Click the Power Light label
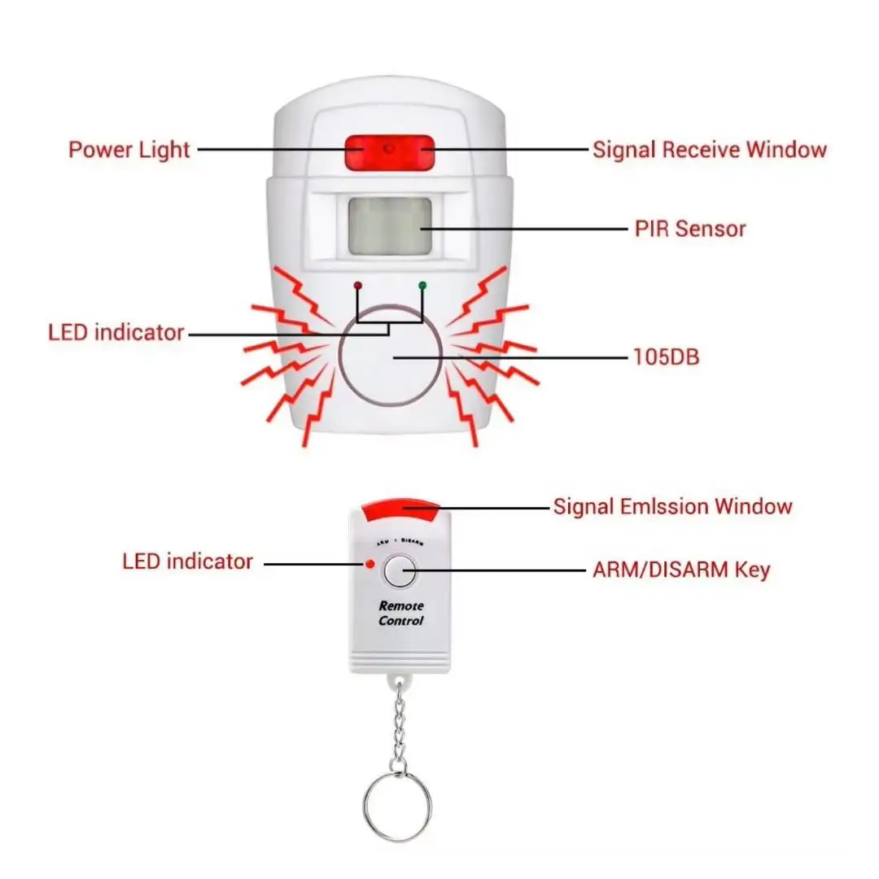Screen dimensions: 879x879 click(129, 150)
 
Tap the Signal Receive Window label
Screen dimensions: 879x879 click(709, 150)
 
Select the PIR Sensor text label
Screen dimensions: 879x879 click(689, 229)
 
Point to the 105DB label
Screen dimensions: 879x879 click(665, 356)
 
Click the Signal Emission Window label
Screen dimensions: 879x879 click(672, 506)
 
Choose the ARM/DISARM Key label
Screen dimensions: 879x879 click(681, 570)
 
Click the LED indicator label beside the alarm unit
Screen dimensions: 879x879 click(116, 332)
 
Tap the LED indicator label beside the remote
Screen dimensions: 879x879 click(187, 561)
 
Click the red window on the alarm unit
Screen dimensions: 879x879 click(389, 152)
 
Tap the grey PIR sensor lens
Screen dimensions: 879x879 click(388, 225)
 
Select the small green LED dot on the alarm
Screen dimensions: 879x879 click(422, 286)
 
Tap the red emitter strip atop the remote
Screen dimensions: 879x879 click(401, 511)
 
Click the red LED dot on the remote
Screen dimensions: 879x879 click(370, 563)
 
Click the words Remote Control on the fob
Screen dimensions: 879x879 click(401, 613)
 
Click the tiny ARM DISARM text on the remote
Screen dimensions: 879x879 click(400, 541)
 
